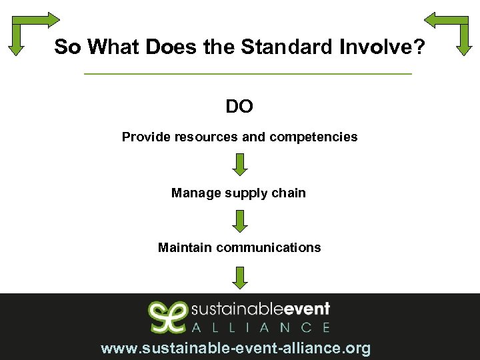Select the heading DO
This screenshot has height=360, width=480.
pos(239,107)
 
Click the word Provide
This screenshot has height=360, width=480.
pos(146,137)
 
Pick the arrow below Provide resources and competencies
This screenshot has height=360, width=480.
pos(241,164)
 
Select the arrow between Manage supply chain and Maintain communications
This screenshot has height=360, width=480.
pos(241,220)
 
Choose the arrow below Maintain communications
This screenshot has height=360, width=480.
pos(241,277)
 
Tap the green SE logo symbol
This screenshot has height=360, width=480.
pos(167,317)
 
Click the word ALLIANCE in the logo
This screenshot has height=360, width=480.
pos(261,327)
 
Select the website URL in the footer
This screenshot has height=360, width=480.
pos(235,349)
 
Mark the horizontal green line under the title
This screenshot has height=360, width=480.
pos(249,73)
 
